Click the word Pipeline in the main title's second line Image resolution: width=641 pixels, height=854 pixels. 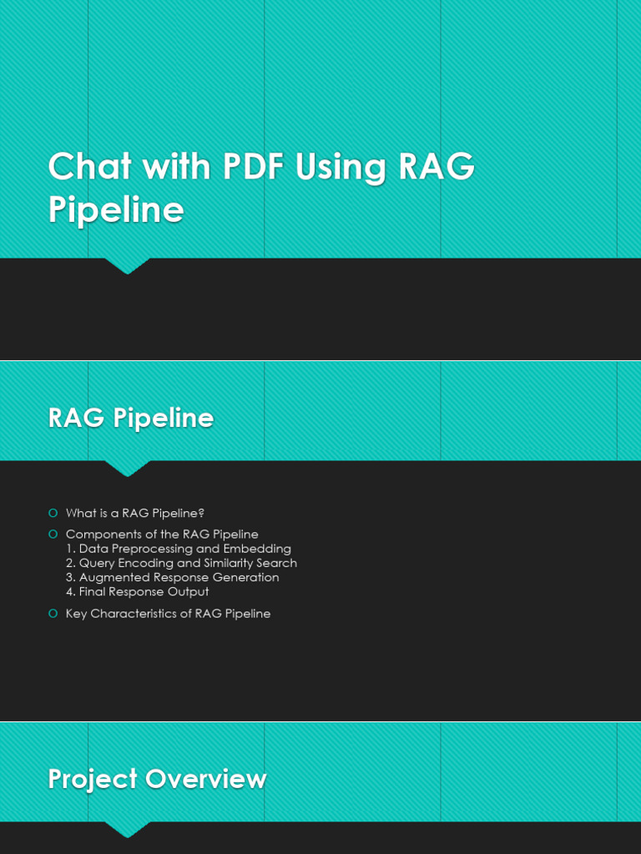coord(115,210)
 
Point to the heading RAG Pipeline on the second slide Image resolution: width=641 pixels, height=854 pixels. coord(131,418)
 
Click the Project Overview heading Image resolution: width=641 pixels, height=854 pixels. coord(157,779)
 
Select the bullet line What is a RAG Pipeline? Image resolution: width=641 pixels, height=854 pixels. coord(135,513)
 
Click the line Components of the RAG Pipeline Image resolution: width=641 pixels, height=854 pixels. coord(162,534)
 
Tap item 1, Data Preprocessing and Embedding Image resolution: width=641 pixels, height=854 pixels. coord(179,549)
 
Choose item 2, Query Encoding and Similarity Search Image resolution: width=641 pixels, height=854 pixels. coord(181,563)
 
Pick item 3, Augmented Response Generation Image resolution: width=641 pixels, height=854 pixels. coord(173,577)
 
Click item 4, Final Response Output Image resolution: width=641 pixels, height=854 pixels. coord(138,591)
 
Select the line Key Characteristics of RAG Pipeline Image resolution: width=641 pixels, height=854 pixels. coord(168,614)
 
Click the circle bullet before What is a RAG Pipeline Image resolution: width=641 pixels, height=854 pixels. coord(53,513)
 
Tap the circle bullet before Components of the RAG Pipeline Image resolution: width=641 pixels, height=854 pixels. coord(53,534)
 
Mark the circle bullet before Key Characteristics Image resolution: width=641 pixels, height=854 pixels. coord(53,614)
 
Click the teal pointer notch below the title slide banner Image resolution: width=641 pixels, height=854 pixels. coord(128,265)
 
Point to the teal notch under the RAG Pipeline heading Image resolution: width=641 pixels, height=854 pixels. coord(128,468)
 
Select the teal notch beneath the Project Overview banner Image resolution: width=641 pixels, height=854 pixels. coord(128,829)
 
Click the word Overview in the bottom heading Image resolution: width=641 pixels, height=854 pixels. coord(205,779)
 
